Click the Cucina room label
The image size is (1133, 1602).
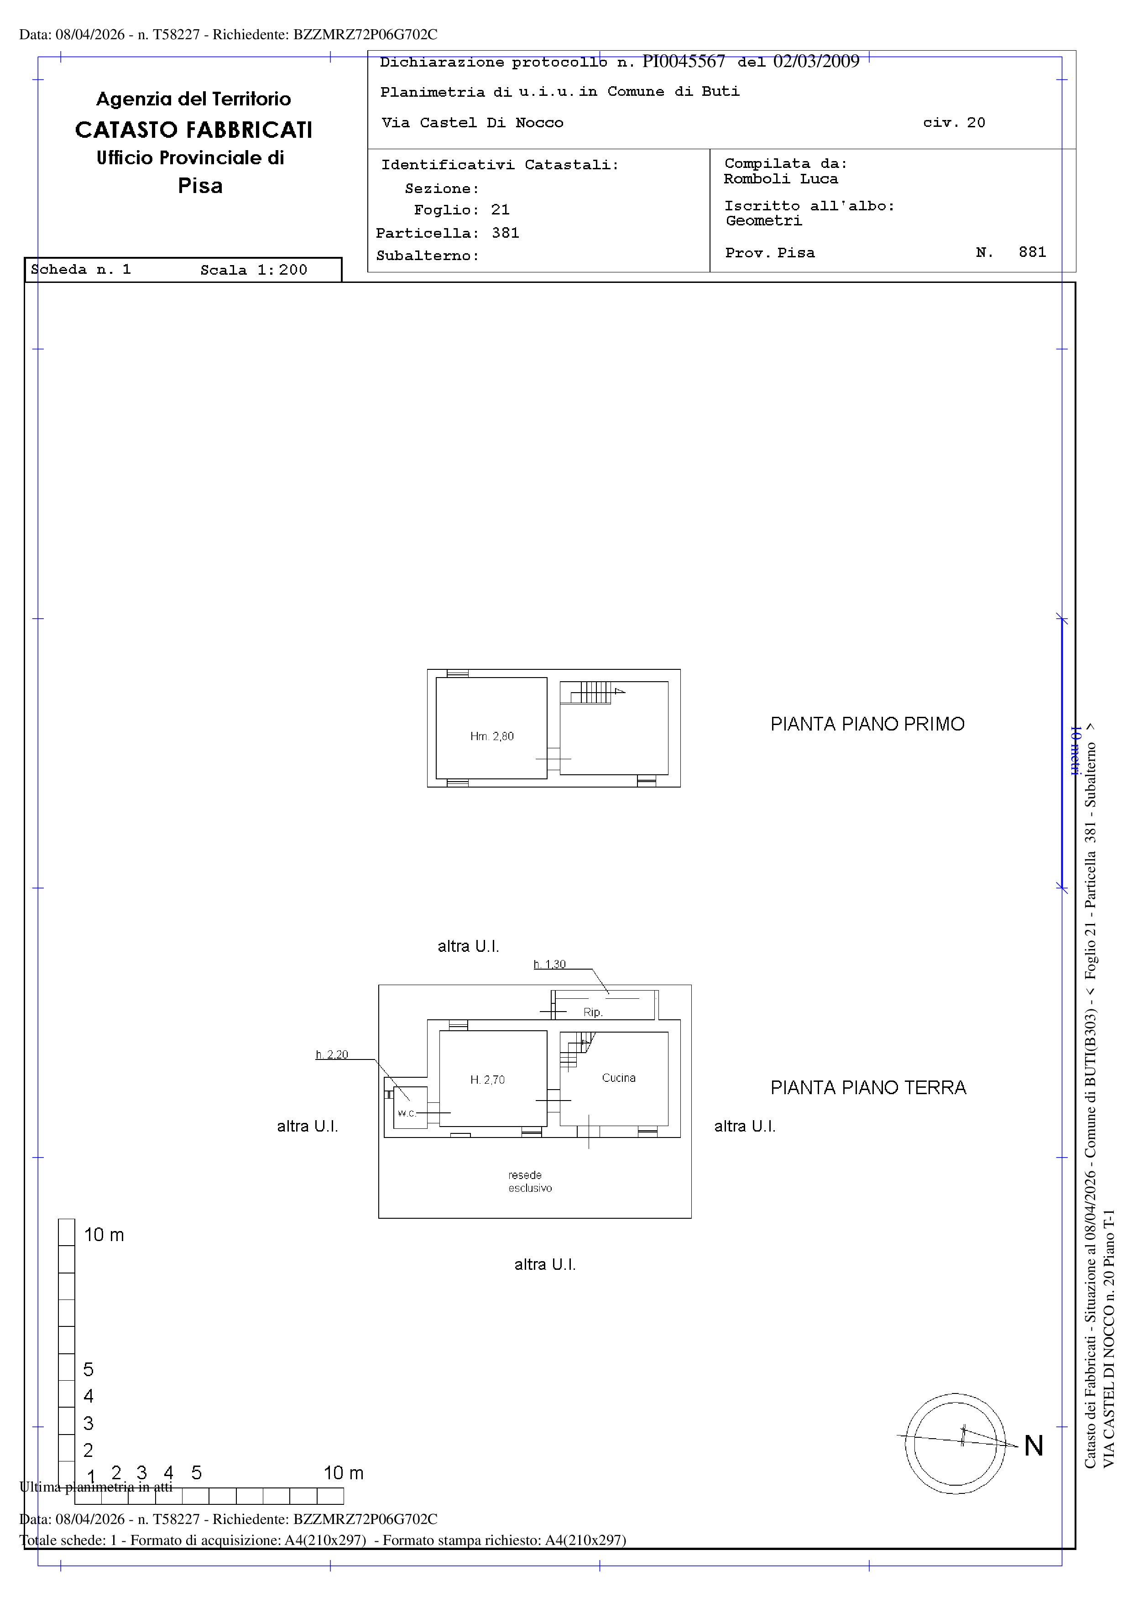pos(618,1078)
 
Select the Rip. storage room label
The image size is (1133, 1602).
pos(592,1012)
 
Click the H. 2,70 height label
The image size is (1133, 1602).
pos(487,1080)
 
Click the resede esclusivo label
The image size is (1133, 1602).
pos(529,1182)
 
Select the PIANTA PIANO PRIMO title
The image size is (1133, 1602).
pos(867,724)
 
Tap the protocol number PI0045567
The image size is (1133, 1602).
pos(684,62)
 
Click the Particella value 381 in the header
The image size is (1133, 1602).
pos(505,233)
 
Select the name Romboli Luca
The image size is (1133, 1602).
pos(781,179)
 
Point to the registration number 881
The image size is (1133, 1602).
pos(1032,253)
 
